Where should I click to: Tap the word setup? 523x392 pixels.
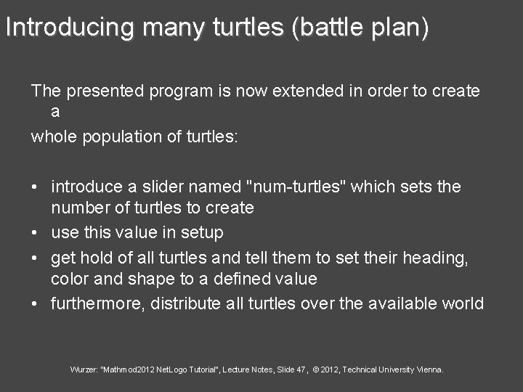[203, 232]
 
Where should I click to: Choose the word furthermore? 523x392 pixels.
[98, 303]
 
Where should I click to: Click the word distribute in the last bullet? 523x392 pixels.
[185, 303]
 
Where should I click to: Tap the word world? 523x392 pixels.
[462, 303]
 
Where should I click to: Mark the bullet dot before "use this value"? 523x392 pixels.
[35, 233]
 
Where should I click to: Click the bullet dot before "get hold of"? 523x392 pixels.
[35, 258]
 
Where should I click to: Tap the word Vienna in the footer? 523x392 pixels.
[429, 369]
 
